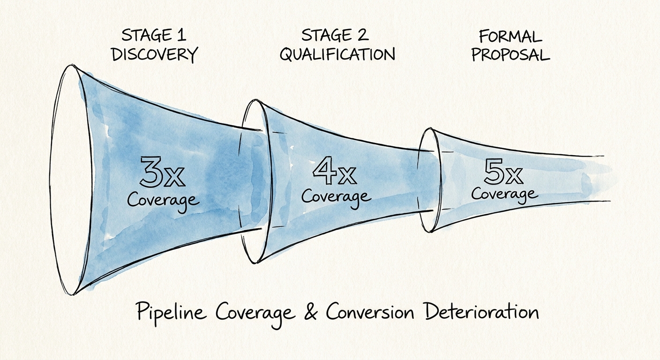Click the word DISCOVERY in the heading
coord(154,54)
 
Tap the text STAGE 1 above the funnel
coord(154,35)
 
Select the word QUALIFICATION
coord(337,54)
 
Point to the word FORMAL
coord(510,36)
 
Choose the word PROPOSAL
coord(510,54)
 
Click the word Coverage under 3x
coord(163,200)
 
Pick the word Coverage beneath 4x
coord(336,196)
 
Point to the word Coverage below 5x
coord(504,194)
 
